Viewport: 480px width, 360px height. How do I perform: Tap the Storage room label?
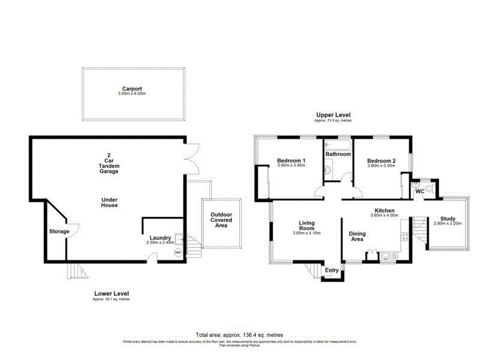tap(59, 232)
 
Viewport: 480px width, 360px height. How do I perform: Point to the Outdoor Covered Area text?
tap(221, 220)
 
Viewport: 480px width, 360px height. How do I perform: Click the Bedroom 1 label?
tap(291, 160)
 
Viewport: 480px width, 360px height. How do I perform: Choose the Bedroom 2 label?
tap(381, 160)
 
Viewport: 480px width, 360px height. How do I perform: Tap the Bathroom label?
tap(338, 154)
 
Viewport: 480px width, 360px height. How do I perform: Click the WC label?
tap(420, 191)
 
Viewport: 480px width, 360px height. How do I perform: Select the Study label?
tap(448, 218)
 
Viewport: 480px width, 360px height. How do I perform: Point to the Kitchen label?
tap(384, 211)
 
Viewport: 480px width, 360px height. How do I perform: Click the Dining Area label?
tap(357, 236)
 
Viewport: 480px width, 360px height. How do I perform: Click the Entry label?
tap(332, 271)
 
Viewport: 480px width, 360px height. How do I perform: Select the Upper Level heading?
tap(334, 115)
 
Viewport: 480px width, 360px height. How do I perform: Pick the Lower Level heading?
tap(111, 293)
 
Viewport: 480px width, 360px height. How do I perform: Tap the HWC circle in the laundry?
tap(178, 253)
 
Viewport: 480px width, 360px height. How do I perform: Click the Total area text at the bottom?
tap(239, 334)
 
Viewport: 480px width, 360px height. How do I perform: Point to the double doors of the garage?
tap(191, 159)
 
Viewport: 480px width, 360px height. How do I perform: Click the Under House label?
tap(109, 202)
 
